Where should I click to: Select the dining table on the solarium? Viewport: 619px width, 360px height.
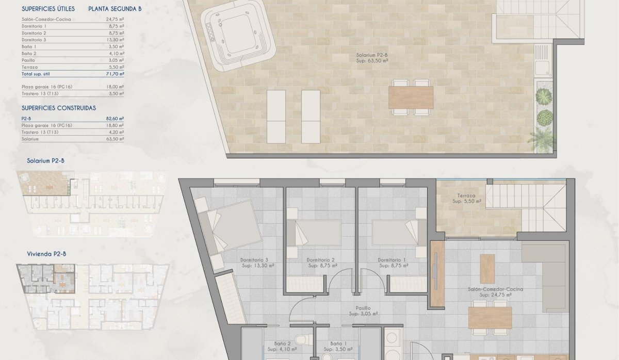point(411,97)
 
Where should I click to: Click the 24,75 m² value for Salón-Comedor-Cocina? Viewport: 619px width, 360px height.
point(115,19)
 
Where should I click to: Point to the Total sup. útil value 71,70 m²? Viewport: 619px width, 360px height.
point(115,74)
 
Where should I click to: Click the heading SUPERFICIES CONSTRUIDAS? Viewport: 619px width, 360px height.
point(59,108)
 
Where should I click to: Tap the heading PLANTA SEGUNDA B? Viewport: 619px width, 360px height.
point(115,9)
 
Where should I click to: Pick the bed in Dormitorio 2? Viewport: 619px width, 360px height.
point(315,233)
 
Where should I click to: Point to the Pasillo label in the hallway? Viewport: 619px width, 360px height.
point(363,308)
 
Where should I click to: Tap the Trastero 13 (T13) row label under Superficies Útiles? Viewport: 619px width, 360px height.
point(39,94)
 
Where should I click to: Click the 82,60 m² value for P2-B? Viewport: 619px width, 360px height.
point(115,119)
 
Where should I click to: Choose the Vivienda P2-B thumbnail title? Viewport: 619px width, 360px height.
point(46,254)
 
